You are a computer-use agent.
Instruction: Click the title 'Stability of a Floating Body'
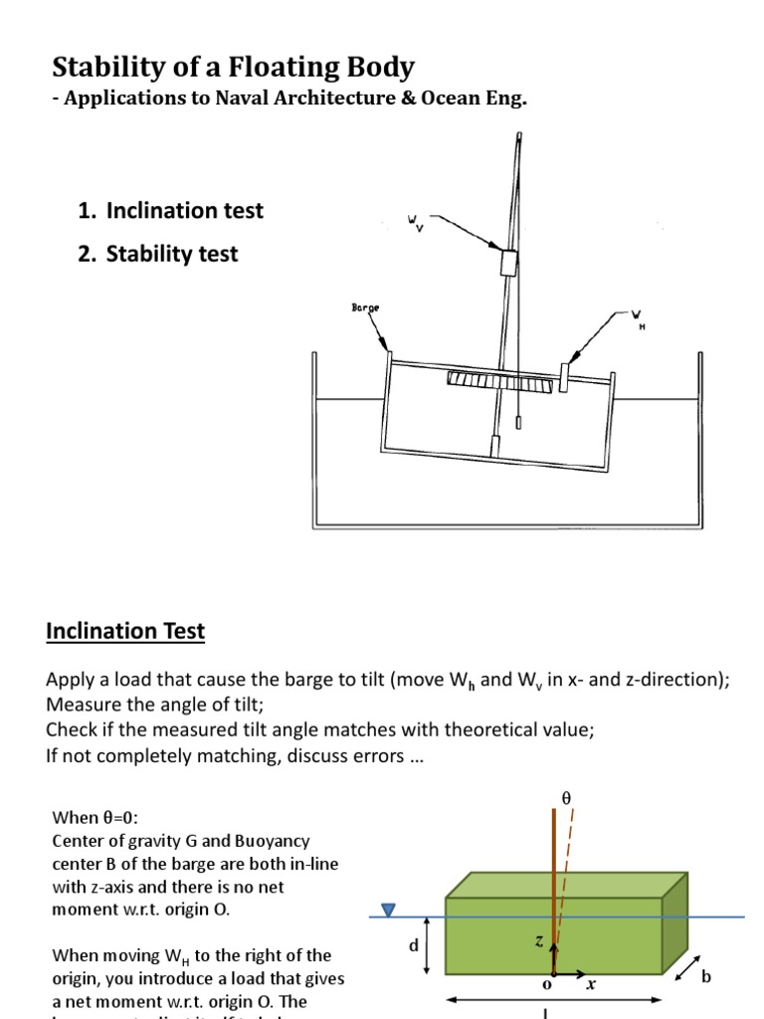pyautogui.click(x=233, y=68)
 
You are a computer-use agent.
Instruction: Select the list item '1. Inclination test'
pyautogui.click(x=170, y=211)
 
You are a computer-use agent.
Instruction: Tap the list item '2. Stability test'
pyautogui.click(x=157, y=255)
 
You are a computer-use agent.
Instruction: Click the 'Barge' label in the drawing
pyautogui.click(x=365, y=308)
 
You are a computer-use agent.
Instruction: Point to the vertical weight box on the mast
pyautogui.click(x=508, y=262)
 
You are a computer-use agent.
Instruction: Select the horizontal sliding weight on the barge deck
pyautogui.click(x=564, y=376)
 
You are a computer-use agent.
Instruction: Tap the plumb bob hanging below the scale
pyautogui.click(x=518, y=422)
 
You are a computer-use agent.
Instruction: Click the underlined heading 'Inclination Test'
pyautogui.click(x=125, y=631)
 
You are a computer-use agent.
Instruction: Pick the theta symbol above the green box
pyautogui.click(x=567, y=798)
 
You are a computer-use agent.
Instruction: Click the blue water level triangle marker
pyautogui.click(x=389, y=910)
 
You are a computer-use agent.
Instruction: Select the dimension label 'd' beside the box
pyautogui.click(x=413, y=946)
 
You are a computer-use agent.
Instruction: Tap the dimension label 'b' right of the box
pyautogui.click(x=706, y=977)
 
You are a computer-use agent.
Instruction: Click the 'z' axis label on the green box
pyautogui.click(x=539, y=941)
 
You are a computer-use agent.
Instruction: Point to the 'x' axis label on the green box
pyautogui.click(x=590, y=984)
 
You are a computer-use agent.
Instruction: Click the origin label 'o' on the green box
pyautogui.click(x=545, y=985)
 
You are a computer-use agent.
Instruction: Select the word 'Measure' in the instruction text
pyautogui.click(x=82, y=705)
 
